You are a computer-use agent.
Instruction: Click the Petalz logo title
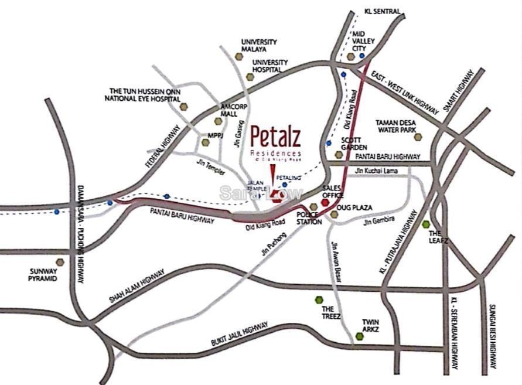[275, 138]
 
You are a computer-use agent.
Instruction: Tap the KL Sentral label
[381, 11]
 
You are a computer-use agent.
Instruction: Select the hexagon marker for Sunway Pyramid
[60, 262]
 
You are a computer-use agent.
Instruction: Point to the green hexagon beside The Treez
[319, 299]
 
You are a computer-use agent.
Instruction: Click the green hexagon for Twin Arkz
[359, 336]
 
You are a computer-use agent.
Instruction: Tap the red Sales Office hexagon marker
[325, 202]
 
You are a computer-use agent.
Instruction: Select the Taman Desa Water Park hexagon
[418, 137]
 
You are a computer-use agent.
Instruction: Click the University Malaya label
[259, 46]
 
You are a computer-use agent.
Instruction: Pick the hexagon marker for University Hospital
[250, 77]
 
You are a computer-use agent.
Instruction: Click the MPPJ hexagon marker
[205, 142]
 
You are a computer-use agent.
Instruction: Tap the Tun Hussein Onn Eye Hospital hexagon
[184, 107]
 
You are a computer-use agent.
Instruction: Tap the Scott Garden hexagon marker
[339, 155]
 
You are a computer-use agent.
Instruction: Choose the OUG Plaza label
[356, 208]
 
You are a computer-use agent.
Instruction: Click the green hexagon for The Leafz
[426, 224]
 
